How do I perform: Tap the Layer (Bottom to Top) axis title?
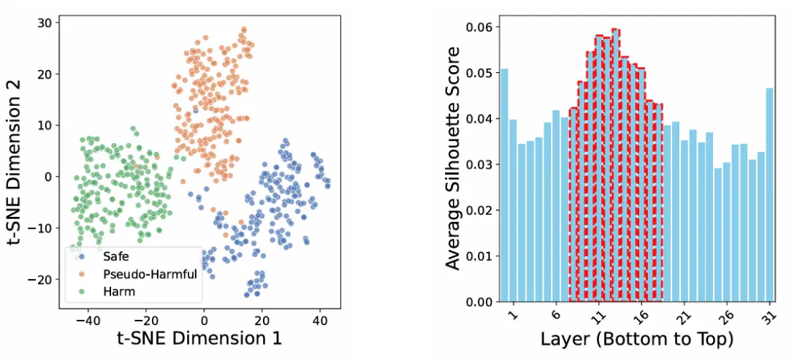(x=637, y=339)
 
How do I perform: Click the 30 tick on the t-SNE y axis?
(x=46, y=23)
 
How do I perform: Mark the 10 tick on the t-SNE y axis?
(x=46, y=125)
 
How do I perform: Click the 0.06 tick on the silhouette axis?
(x=479, y=26)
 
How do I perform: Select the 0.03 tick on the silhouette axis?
(x=479, y=164)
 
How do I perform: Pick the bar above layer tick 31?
(x=770, y=195)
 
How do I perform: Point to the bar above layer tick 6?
(x=555, y=206)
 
